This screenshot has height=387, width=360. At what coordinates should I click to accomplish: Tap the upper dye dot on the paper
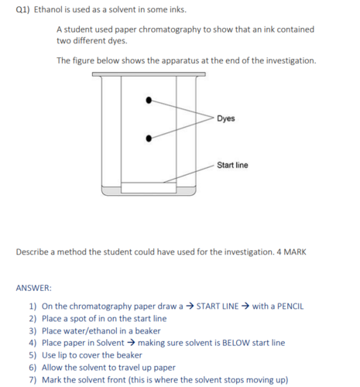[150, 99]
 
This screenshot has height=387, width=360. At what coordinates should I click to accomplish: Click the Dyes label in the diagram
[226, 118]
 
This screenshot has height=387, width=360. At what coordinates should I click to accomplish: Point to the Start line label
[232, 165]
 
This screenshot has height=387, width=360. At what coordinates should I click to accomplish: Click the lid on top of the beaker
[149, 74]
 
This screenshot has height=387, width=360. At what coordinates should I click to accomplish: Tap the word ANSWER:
[33, 288]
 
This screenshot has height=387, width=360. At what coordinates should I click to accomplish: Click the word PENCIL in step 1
[287, 306]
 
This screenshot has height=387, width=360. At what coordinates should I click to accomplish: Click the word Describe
[33, 252]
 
